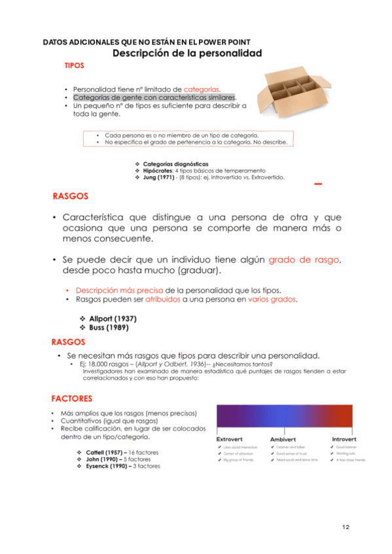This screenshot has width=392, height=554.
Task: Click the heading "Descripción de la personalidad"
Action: click(x=187, y=53)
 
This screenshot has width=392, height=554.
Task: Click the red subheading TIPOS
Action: click(x=73, y=66)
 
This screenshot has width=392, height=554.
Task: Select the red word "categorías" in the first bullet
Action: click(x=202, y=89)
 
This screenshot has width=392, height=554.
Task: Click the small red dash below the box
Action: click(x=318, y=185)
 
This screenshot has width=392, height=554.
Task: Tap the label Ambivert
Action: click(x=283, y=439)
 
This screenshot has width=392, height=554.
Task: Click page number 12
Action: click(x=346, y=527)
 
